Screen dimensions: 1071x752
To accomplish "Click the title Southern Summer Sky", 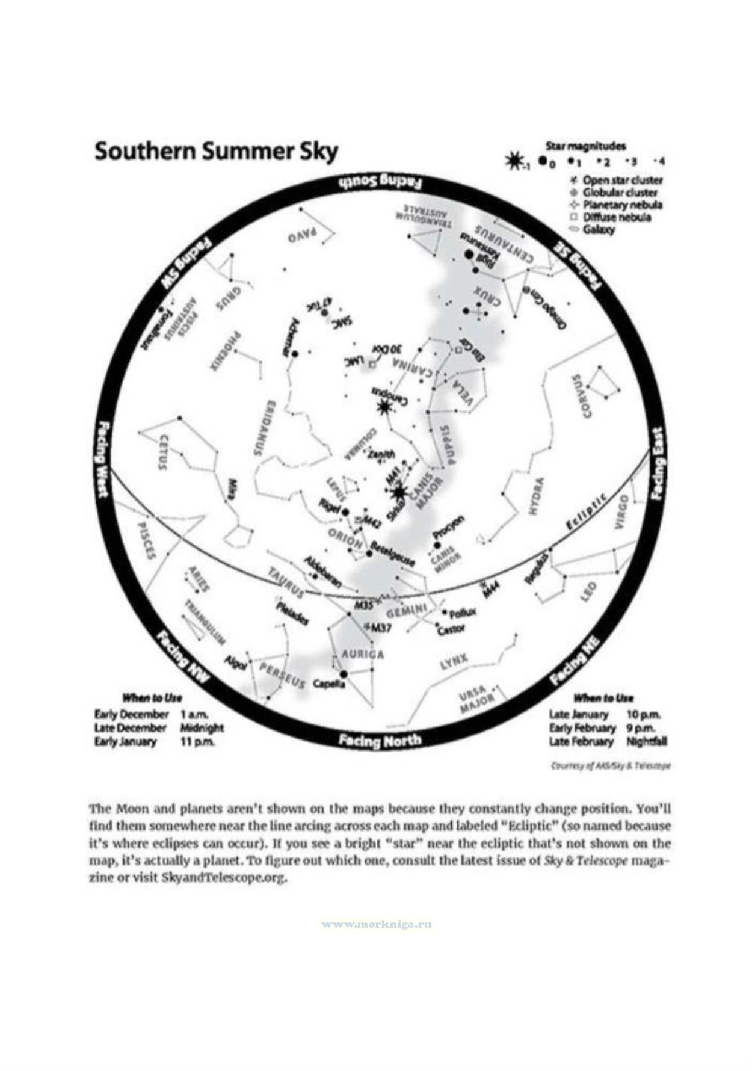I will (x=216, y=152).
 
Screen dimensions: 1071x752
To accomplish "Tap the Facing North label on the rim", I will (x=380, y=741).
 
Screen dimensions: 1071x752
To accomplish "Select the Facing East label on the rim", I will (x=658, y=464).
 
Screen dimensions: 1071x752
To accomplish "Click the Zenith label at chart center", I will (x=382, y=454).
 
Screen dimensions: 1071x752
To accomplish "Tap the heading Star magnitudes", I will (x=585, y=146).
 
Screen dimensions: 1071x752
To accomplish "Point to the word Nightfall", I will (x=647, y=741).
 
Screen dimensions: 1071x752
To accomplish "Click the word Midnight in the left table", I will (x=202, y=727).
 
